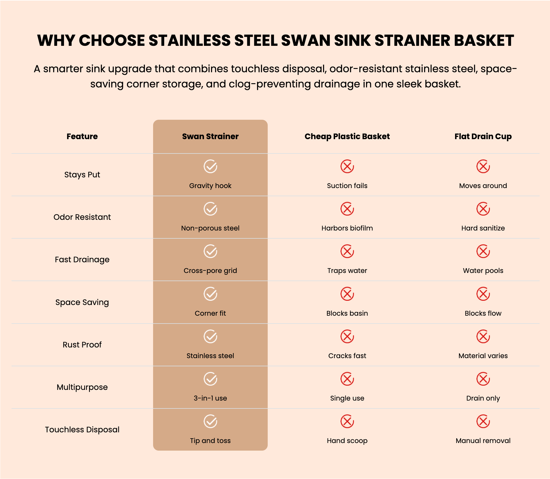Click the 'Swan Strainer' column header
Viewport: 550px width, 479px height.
(x=210, y=136)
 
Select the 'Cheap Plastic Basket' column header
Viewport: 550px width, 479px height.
(x=347, y=136)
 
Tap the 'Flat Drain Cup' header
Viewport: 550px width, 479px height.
(x=483, y=136)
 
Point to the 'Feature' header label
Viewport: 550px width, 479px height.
(x=82, y=136)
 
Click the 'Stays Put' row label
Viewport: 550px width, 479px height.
(x=82, y=175)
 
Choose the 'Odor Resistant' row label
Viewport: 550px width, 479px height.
(x=82, y=217)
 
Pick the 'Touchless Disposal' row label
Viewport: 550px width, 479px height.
(x=82, y=430)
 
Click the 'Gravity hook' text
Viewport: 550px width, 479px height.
(x=210, y=186)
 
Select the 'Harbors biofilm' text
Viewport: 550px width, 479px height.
(x=347, y=228)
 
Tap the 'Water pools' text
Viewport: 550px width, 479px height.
(x=483, y=271)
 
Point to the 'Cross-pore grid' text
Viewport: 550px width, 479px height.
(x=210, y=271)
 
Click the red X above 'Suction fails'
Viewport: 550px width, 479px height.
(x=347, y=166)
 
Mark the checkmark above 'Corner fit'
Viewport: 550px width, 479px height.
(x=210, y=294)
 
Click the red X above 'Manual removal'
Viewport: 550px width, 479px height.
(x=483, y=421)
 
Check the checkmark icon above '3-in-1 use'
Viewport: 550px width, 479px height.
(x=210, y=379)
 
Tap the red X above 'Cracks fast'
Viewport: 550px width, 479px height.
(x=347, y=336)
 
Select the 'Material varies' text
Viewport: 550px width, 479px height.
(x=483, y=356)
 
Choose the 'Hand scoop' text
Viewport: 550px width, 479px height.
(x=347, y=441)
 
